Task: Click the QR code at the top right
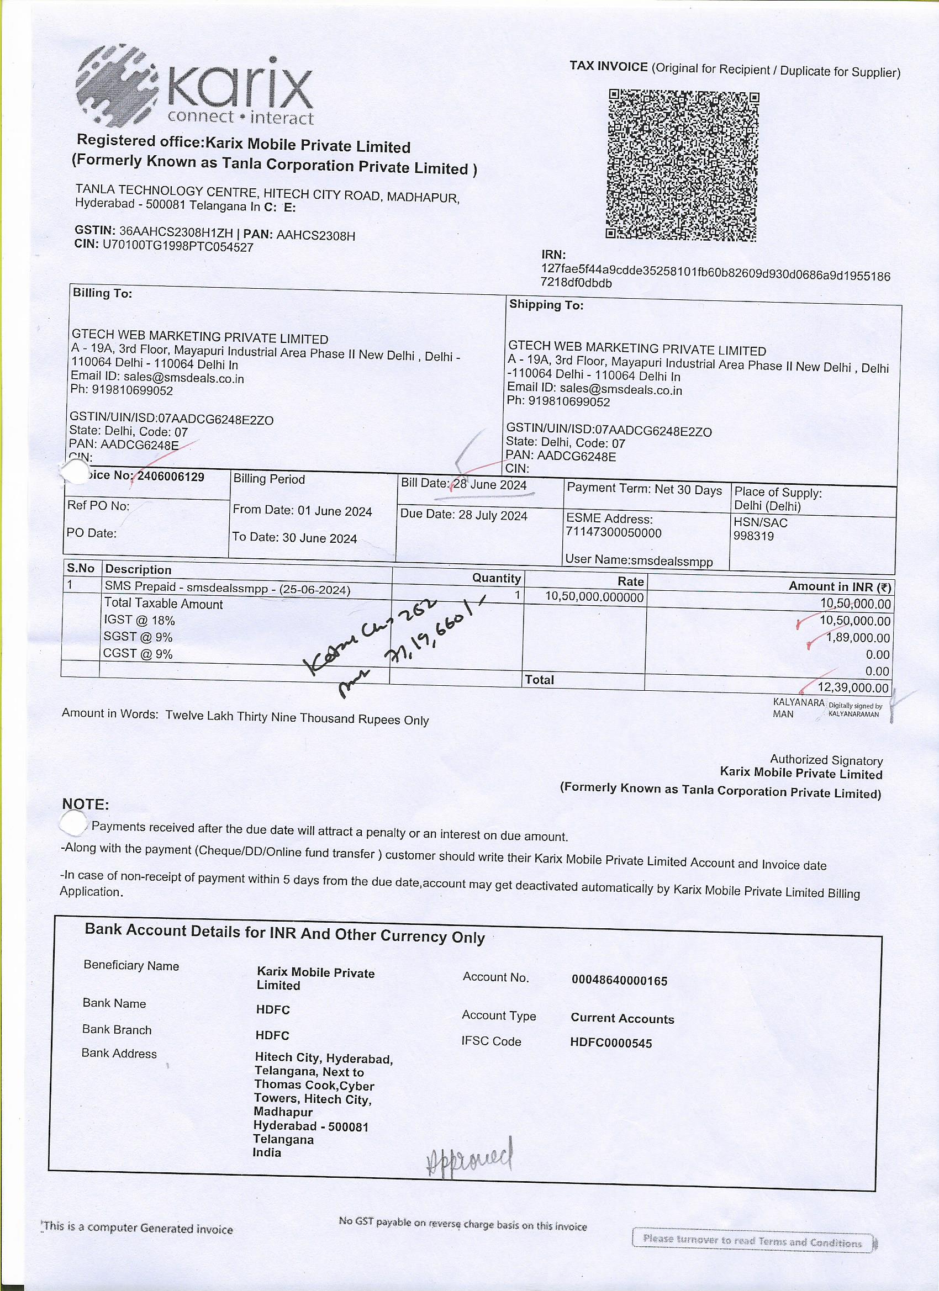[x=682, y=165]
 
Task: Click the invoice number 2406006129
[x=171, y=477]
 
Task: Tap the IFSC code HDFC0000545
[x=610, y=1043]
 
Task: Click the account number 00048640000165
[x=619, y=980]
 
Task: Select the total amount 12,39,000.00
[x=852, y=687]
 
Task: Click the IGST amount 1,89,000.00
[x=858, y=638]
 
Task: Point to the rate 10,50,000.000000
[x=594, y=596]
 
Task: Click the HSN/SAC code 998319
[x=753, y=536]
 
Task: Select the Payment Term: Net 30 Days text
[x=644, y=490]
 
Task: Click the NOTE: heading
[x=86, y=805]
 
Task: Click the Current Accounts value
[x=622, y=1018]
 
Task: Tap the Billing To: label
[x=103, y=293]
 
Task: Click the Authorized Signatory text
[x=826, y=760]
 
